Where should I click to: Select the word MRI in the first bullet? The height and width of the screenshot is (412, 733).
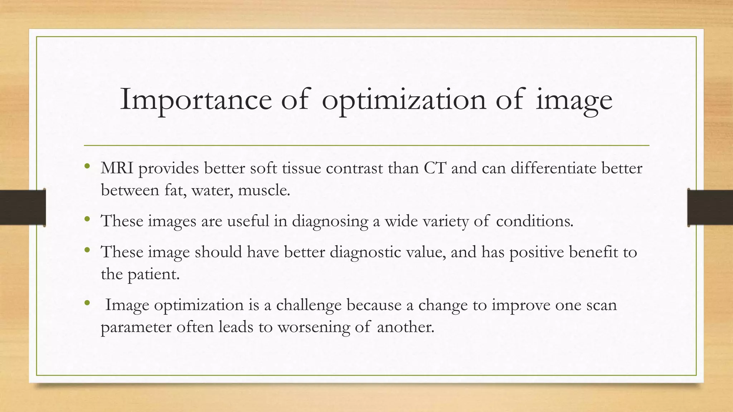(x=117, y=168)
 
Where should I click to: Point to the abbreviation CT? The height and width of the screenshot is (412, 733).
(x=435, y=168)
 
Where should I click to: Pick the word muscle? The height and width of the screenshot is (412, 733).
(x=264, y=190)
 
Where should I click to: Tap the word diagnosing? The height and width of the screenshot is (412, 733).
(x=330, y=221)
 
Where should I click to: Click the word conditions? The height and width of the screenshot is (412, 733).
(x=534, y=221)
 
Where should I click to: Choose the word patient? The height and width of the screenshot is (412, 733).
(x=154, y=274)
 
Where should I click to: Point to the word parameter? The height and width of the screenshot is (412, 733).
(x=136, y=327)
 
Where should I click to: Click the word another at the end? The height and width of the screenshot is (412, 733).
(x=405, y=327)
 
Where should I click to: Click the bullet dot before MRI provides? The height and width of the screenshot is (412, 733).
(x=87, y=166)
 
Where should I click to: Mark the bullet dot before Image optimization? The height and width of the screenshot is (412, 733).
(x=87, y=303)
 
